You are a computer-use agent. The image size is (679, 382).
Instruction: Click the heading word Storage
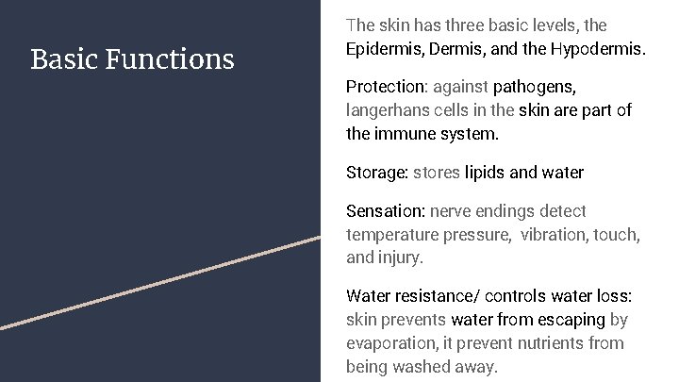[x=376, y=173]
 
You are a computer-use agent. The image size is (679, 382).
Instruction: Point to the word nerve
[x=450, y=211]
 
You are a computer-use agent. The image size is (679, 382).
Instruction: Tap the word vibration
[x=554, y=235]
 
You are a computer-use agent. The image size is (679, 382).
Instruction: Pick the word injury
[x=402, y=257]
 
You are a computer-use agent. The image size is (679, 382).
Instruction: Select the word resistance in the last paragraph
[x=439, y=296]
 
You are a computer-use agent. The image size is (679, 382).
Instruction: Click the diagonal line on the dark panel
[x=160, y=282]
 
